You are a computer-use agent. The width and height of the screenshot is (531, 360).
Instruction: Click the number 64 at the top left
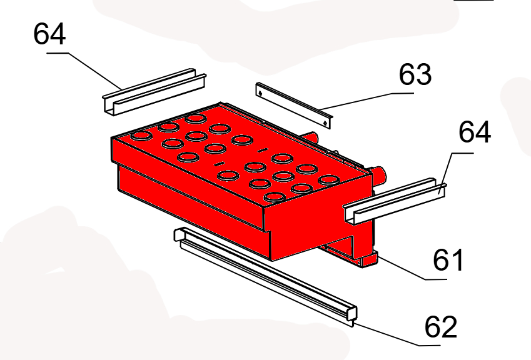49,34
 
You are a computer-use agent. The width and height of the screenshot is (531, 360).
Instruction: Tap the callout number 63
415,74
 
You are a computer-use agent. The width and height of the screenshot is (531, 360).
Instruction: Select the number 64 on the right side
475,132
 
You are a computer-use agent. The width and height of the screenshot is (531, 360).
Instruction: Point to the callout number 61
448,259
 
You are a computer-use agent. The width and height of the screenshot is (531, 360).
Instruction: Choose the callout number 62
440,326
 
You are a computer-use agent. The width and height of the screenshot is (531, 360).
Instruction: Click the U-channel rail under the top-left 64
154,92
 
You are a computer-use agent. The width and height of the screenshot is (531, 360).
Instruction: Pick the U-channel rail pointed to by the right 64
395,201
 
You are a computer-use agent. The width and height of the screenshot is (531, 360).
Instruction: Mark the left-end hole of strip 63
260,92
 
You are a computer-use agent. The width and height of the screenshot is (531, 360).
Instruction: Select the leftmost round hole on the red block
141,136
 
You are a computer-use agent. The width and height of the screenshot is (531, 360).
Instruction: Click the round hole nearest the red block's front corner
275,197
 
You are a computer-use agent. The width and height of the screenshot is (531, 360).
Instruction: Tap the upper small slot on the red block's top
262,150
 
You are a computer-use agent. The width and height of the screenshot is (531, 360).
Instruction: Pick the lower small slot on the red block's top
220,164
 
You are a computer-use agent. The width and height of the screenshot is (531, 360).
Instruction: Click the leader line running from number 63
367,101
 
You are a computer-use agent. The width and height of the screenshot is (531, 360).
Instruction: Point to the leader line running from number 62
397,334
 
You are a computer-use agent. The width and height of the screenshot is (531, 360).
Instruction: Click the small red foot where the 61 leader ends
370,260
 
